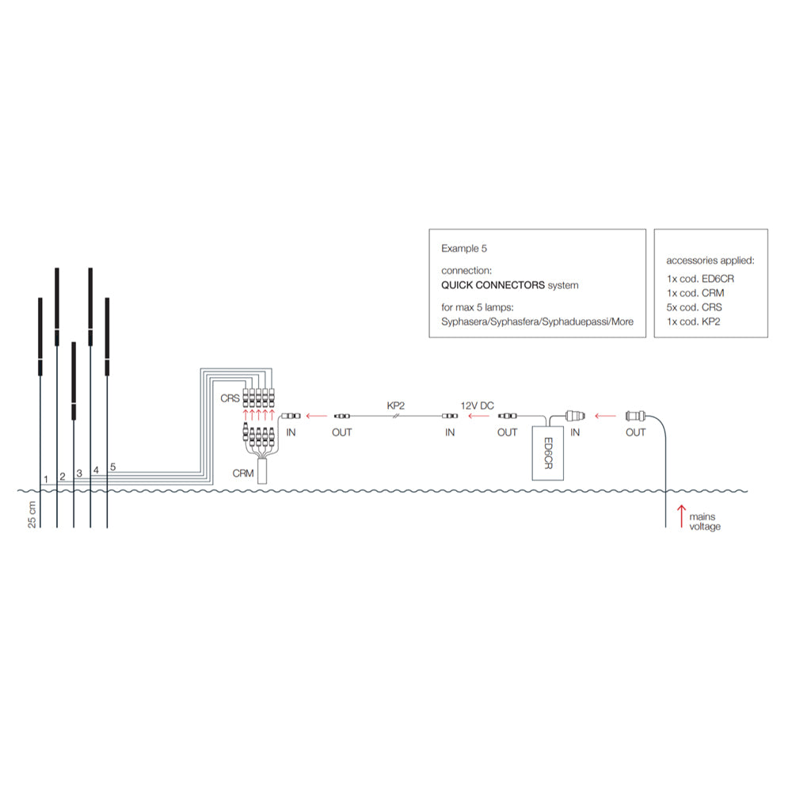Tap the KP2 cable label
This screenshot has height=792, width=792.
pyautogui.click(x=396, y=405)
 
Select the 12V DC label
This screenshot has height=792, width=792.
pyautogui.click(x=478, y=405)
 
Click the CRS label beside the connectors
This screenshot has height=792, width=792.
pyautogui.click(x=230, y=398)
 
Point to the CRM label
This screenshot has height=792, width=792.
pyautogui.click(x=243, y=473)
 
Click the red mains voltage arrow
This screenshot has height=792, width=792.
pyautogui.click(x=681, y=517)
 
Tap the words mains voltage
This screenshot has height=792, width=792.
pyautogui.click(x=705, y=522)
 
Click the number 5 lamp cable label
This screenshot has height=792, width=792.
pyautogui.click(x=113, y=466)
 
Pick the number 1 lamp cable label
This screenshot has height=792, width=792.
pyautogui.click(x=46, y=478)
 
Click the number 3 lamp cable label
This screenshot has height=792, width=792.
pyautogui.click(x=79, y=473)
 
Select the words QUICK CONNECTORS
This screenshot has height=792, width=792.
pyautogui.click(x=493, y=285)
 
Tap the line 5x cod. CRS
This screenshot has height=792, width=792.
pyautogui.click(x=695, y=307)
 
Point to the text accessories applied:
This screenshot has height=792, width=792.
pyautogui.click(x=710, y=260)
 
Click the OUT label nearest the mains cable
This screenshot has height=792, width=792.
pyautogui.click(x=635, y=432)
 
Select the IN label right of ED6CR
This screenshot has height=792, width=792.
pyautogui.click(x=575, y=432)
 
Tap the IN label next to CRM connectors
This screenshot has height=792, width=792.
pyautogui.click(x=291, y=432)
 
